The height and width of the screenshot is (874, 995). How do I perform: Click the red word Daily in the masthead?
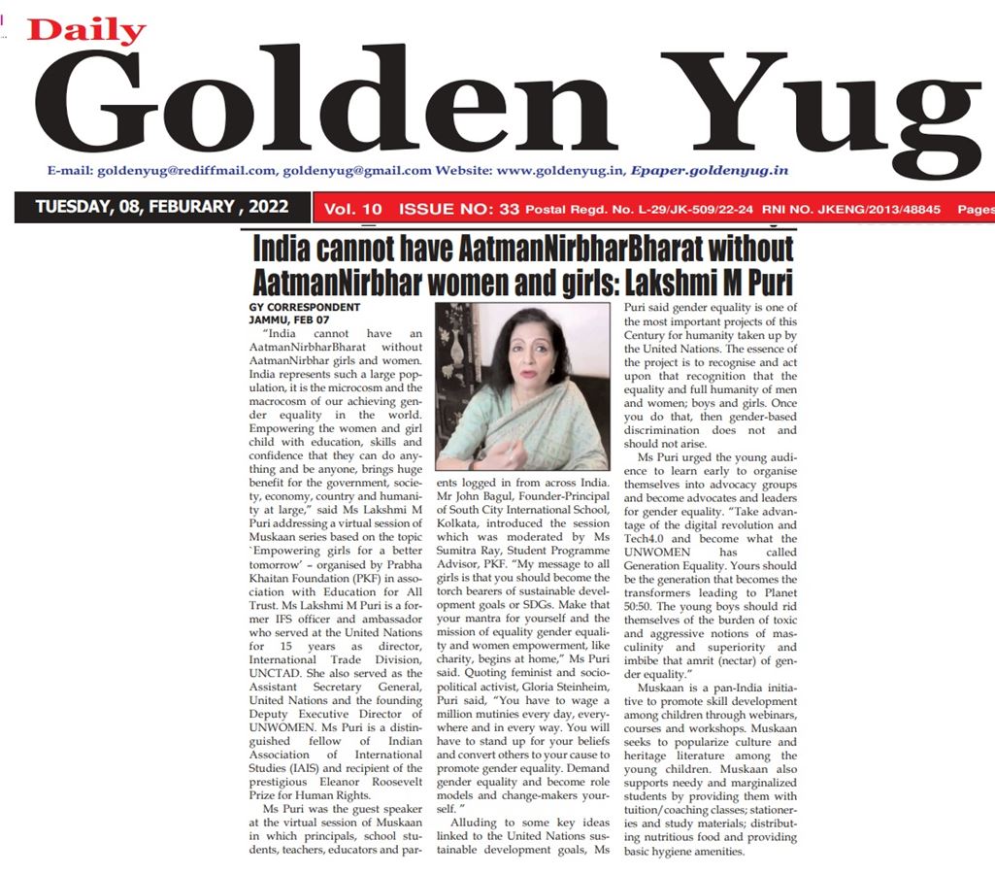pyautogui.click(x=86, y=30)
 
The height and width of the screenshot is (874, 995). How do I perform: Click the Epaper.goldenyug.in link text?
pyautogui.click(x=708, y=170)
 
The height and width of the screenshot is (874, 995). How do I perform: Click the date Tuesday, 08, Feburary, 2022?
pyautogui.click(x=160, y=207)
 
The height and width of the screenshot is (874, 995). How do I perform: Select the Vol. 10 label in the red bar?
pyautogui.click(x=353, y=208)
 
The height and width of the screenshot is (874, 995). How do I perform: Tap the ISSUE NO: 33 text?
pyautogui.click(x=460, y=208)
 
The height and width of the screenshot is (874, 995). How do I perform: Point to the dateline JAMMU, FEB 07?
pyautogui.click(x=279, y=319)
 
